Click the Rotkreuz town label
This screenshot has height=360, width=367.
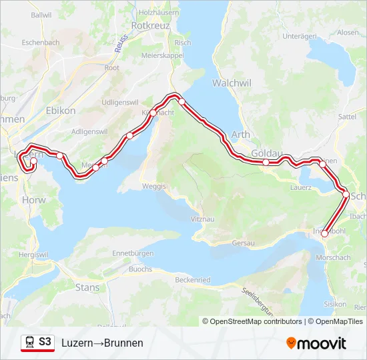[151, 25]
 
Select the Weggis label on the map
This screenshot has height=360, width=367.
[154, 186]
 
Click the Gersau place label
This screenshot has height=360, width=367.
[244, 243]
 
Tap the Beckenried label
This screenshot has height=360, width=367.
[194, 280]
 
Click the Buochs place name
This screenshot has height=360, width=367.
[140, 269]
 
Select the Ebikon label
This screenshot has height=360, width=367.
[61, 111]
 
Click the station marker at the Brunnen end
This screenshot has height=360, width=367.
[325, 233]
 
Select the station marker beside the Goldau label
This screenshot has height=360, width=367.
[266, 162]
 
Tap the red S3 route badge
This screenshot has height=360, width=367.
[45, 342]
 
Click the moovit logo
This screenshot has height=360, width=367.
[316, 343]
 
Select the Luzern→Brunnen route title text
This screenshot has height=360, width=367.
[102, 343]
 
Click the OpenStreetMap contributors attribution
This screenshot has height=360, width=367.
[253, 321]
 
